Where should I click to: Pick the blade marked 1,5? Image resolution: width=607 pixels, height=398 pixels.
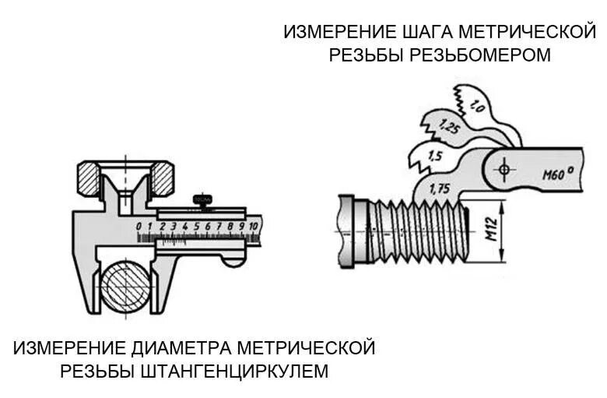(x=435, y=156)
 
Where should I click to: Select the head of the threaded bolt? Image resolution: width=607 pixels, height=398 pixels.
(x=351, y=231)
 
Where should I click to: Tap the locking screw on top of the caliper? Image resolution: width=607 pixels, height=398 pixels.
(x=204, y=198)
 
